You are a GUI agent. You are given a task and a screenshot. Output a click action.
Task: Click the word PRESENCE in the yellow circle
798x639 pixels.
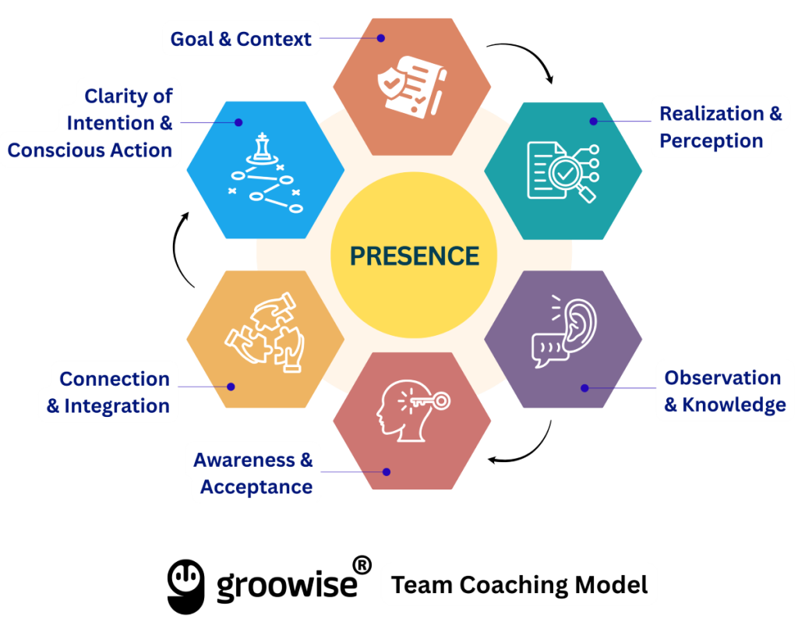[x=414, y=256]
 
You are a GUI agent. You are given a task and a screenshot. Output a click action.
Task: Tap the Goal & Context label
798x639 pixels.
[x=241, y=39]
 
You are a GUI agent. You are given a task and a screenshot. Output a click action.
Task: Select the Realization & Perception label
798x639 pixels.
[x=720, y=127]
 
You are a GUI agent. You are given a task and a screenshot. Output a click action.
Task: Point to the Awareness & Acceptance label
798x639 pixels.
[x=253, y=473]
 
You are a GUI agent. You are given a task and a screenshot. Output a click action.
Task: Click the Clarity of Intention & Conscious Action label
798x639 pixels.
[x=90, y=123]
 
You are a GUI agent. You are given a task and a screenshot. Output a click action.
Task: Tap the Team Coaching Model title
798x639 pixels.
[x=519, y=584]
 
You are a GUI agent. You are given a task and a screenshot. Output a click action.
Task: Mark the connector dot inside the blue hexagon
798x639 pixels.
[x=239, y=122]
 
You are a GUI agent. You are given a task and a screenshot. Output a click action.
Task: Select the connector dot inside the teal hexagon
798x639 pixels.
[x=593, y=121]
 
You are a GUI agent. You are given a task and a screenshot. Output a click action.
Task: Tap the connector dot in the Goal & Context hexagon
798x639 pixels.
[x=381, y=37]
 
